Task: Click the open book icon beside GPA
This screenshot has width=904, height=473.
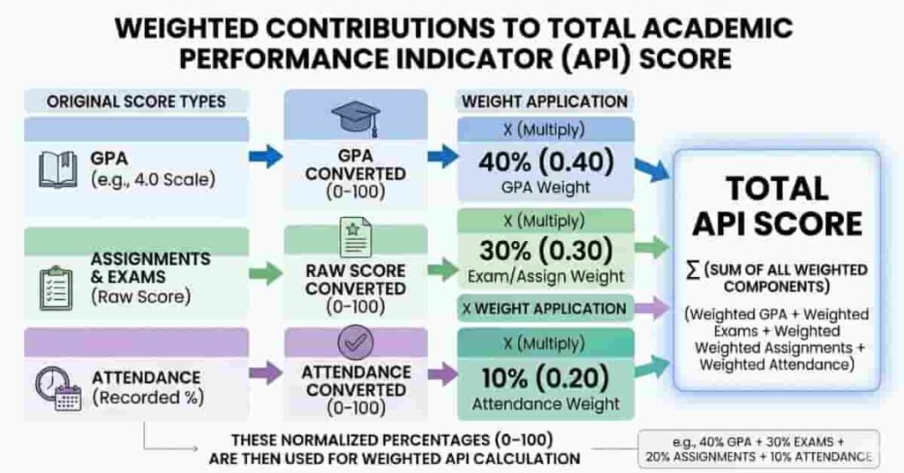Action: (x=57, y=169)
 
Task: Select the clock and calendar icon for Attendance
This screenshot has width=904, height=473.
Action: (x=57, y=388)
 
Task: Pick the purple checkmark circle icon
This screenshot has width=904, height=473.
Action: (x=355, y=342)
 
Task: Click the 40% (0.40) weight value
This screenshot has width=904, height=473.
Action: (x=545, y=161)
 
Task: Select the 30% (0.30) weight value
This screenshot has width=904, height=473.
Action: (x=545, y=251)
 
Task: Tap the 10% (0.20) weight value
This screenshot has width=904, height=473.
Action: (x=545, y=377)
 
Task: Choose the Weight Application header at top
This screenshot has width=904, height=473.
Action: (x=544, y=101)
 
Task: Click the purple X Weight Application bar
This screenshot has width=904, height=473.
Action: (x=544, y=308)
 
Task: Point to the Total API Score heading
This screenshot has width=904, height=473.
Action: (x=776, y=206)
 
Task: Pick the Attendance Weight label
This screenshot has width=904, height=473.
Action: (x=545, y=404)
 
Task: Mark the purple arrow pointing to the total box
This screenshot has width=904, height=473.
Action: (x=653, y=308)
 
